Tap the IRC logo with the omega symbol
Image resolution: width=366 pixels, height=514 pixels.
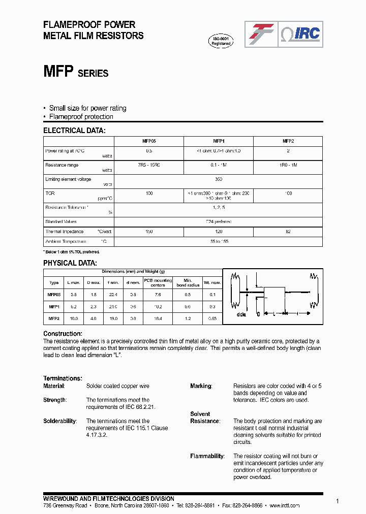click(x=300, y=34)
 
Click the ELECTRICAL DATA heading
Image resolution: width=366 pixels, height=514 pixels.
click(x=74, y=131)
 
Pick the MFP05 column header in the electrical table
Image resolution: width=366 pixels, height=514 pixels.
click(x=148, y=141)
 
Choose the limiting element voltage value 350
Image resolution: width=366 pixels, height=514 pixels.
click(x=219, y=179)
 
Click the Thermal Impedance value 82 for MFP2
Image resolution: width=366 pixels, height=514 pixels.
click(x=288, y=232)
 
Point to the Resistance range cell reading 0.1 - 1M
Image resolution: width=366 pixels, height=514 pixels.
click(x=218, y=165)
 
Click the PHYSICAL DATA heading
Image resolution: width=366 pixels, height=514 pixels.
click(x=70, y=263)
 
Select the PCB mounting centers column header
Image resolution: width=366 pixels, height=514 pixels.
click(x=158, y=282)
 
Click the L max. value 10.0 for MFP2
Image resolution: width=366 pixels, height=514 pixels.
click(x=73, y=318)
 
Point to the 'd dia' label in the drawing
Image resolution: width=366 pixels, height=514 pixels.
click(x=241, y=315)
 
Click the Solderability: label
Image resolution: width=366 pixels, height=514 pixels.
click(x=60, y=421)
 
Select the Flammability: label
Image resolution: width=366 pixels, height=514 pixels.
click(x=207, y=456)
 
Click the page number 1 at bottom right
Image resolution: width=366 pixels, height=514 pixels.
click(x=338, y=501)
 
